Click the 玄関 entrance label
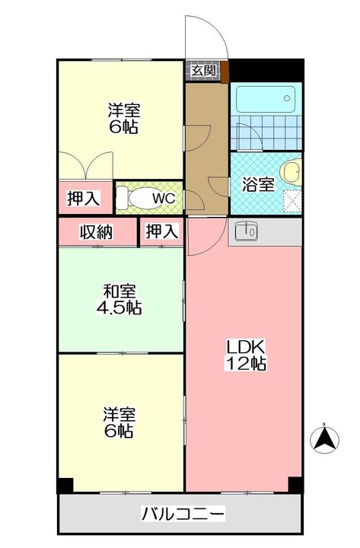(203, 71)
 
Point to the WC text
(165, 199)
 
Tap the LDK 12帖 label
(244, 355)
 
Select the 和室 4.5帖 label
(121, 298)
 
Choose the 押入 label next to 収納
(161, 231)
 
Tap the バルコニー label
(183, 514)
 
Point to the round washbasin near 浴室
(290, 171)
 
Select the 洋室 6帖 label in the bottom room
(120, 422)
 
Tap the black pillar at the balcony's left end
(65, 485)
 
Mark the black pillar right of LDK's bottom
(295, 484)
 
